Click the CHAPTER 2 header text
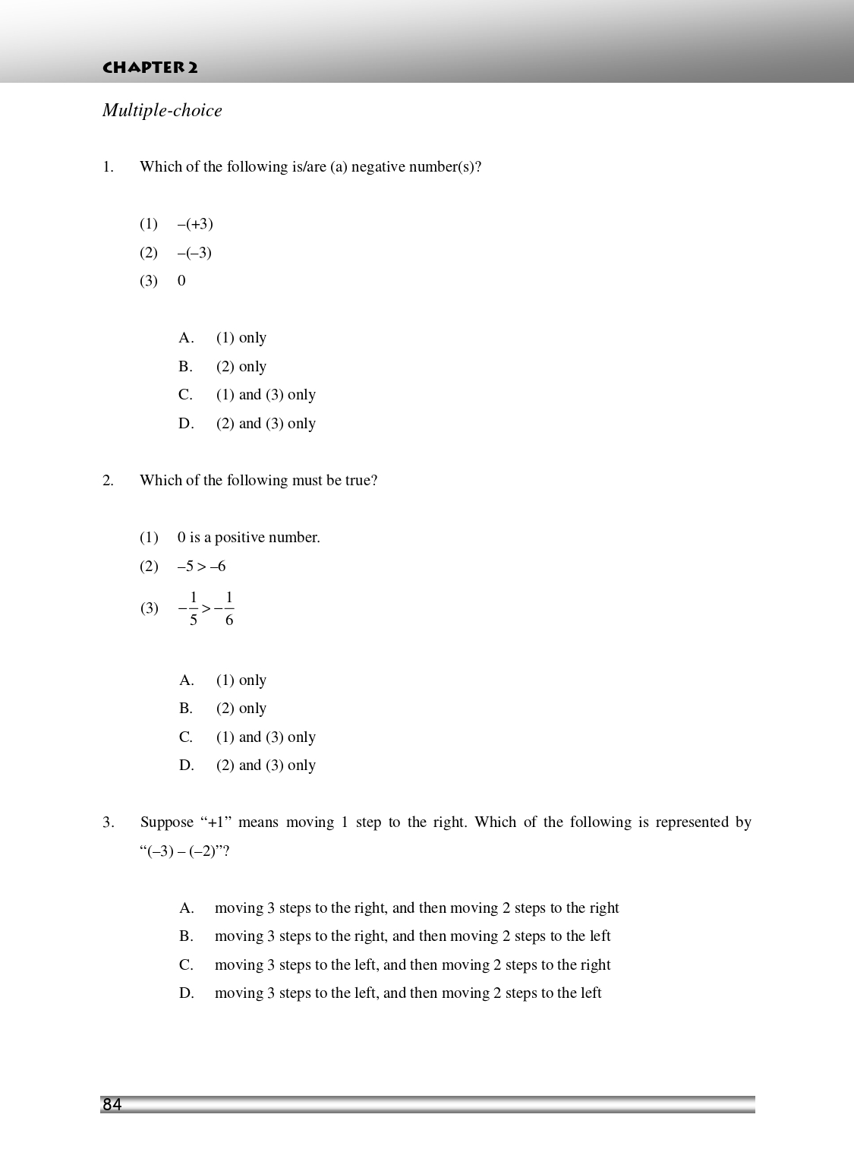click(x=150, y=68)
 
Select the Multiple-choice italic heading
click(x=162, y=111)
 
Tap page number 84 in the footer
click(x=112, y=1105)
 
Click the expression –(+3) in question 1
click(x=195, y=224)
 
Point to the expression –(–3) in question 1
click(x=194, y=253)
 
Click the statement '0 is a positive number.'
click(x=249, y=538)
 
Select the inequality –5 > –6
click(x=201, y=567)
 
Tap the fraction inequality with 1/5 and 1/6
click(x=206, y=608)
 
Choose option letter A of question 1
click(x=186, y=338)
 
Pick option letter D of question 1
click(x=186, y=424)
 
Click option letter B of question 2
click(x=186, y=709)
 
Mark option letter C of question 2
click(x=186, y=737)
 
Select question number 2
click(x=108, y=481)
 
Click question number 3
click(x=108, y=822)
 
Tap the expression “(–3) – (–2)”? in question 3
click(x=185, y=851)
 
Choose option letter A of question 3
click(x=187, y=908)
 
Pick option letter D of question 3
click(x=187, y=993)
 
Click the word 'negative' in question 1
click(x=377, y=167)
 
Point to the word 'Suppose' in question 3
click(x=167, y=822)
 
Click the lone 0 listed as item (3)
click(x=181, y=281)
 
